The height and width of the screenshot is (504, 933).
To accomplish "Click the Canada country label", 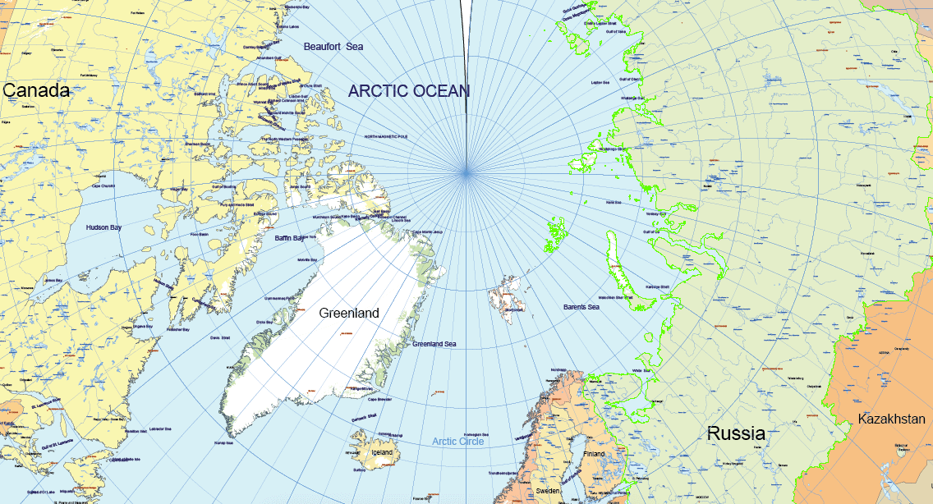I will tap(36, 91).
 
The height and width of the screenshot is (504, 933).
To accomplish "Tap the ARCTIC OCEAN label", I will tap(408, 91).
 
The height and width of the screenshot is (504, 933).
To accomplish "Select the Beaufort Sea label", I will tap(333, 47).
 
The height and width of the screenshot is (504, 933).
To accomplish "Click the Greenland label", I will tap(349, 314).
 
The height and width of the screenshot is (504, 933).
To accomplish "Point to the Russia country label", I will tap(736, 433).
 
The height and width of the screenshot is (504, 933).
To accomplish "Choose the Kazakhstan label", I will tap(891, 419).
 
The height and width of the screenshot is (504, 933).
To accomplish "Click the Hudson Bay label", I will tap(103, 227).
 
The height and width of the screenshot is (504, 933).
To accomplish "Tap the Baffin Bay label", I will tap(289, 239).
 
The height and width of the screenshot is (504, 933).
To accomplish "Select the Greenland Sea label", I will tap(434, 344).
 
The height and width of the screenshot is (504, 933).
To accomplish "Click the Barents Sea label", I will tap(581, 307).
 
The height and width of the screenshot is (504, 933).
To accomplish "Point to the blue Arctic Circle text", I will tap(458, 442).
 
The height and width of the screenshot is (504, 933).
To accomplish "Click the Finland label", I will tap(593, 454).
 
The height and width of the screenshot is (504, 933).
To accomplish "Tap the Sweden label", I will tap(548, 490).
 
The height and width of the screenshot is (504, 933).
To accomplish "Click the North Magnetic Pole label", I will tap(386, 136).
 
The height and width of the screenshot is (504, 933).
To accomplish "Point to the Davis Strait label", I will tap(220, 337).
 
